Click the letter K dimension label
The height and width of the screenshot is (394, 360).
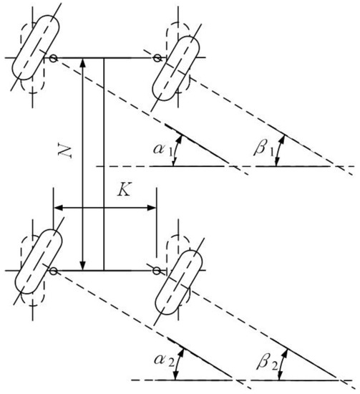124,193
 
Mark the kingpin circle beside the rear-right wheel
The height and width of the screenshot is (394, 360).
156,271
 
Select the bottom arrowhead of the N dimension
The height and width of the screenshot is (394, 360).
84,265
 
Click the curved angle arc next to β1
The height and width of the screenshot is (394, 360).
281,150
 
